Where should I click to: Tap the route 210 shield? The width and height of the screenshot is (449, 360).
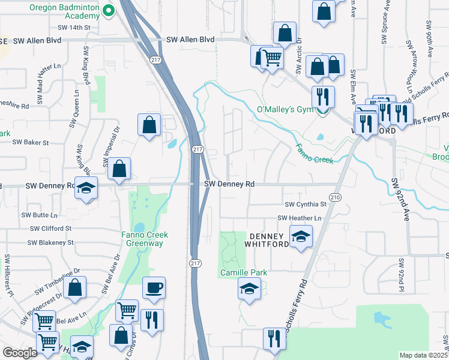click(x=335, y=197)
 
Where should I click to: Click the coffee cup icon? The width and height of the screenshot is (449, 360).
click(x=154, y=288)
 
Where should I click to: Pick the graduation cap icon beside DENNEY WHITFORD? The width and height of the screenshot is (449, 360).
click(x=301, y=236)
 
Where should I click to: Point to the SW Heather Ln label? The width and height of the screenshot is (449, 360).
click(x=299, y=218)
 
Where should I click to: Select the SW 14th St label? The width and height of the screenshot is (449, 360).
click(x=74, y=28)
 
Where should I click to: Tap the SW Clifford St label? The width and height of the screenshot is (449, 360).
click(x=50, y=229)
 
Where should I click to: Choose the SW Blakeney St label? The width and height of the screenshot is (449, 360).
click(x=50, y=243)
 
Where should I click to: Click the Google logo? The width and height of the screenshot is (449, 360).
click(x=20, y=353)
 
